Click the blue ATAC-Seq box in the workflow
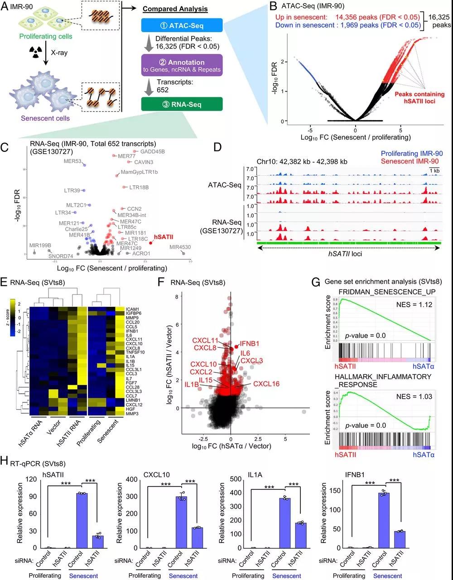tap(181, 25)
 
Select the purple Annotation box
tap(181, 65)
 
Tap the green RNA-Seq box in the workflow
tap(181, 105)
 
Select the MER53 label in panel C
tap(72, 161)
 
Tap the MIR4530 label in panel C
tap(180, 247)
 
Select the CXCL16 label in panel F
tap(266, 384)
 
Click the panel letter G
tap(316, 282)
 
